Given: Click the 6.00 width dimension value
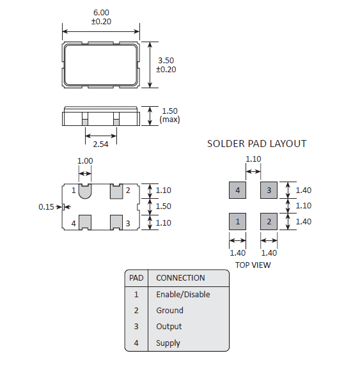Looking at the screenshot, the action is pyautogui.click(x=101, y=13).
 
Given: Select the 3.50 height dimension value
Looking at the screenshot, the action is pyautogui.click(x=166, y=61).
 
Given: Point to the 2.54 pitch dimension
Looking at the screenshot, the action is pyautogui.click(x=100, y=144).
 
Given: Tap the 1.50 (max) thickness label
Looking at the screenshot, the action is pyautogui.click(x=169, y=115).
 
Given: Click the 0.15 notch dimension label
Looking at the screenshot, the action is pyautogui.click(x=46, y=207).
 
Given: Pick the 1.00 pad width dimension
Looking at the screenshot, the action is pyautogui.click(x=85, y=161).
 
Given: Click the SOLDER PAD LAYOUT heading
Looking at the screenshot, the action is pyautogui.click(x=256, y=144).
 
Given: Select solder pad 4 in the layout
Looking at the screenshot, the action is pyautogui.click(x=237, y=190).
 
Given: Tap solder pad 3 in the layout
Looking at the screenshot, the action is pyautogui.click(x=269, y=190).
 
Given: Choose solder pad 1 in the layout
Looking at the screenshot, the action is pyautogui.click(x=237, y=221).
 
